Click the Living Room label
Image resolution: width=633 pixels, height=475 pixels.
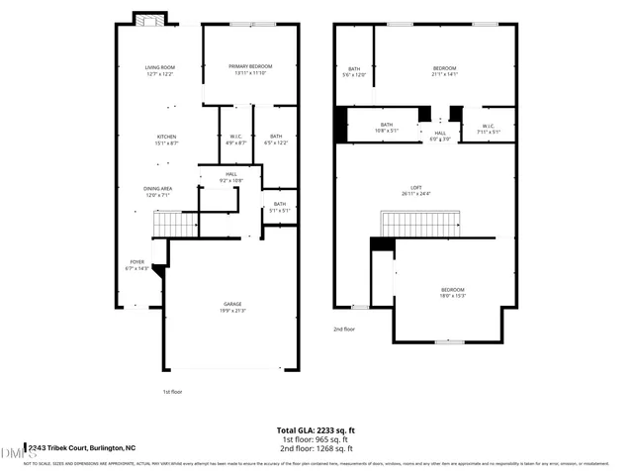pos(159,70)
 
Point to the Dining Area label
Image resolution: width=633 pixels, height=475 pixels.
pos(159,191)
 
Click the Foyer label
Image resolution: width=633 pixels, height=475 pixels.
pos(136,265)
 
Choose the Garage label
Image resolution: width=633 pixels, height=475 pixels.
pos(232,307)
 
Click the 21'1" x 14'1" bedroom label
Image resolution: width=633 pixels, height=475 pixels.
pos(444,70)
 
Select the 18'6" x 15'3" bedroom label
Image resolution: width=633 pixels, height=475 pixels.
pos(453,292)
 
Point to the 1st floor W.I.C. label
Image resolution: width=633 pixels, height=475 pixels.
pos(236,140)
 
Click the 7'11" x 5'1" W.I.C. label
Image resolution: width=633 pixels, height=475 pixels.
pos(489,129)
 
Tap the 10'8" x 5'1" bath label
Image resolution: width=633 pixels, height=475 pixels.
pos(386,128)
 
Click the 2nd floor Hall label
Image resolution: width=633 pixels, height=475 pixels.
pos(440,136)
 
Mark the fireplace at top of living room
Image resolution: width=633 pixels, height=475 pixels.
pos(150,20)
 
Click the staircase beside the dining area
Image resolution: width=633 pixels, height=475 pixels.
pos(176,228)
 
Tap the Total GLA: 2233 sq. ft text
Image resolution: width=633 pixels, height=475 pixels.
pos(316,430)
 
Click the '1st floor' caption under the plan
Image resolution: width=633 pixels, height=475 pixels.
pos(173,392)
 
